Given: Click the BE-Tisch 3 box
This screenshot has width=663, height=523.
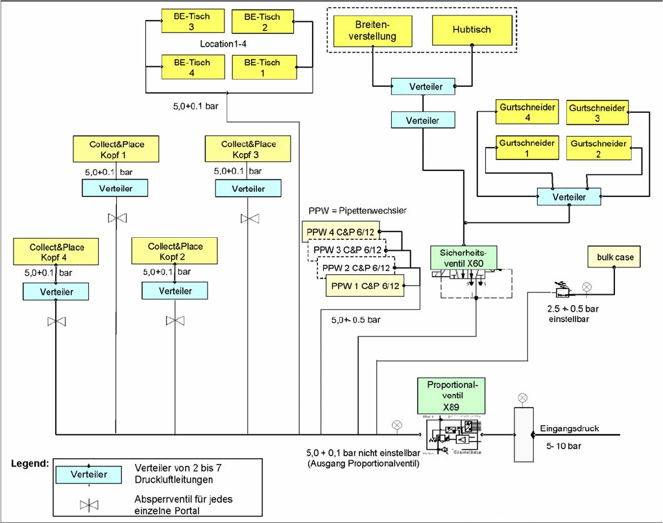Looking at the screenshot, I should click(185, 21).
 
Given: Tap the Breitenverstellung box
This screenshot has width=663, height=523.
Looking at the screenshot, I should click(373, 30).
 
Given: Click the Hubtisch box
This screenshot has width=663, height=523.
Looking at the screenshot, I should click(472, 30).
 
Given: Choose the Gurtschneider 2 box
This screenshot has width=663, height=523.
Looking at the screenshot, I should click(597, 148).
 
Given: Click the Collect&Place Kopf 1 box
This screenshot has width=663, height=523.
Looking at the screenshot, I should click(116, 148).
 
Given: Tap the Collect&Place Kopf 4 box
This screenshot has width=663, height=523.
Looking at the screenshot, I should click(56, 251).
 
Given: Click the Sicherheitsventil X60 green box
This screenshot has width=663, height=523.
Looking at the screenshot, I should click(463, 257).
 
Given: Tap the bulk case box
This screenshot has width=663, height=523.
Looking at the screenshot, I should click(616, 257).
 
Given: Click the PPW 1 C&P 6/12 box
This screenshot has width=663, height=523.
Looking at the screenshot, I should click(365, 286).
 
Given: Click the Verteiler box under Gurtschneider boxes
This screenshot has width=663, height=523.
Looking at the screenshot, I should click(569, 197).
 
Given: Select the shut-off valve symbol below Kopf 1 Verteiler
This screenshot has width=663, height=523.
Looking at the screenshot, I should click(117, 218).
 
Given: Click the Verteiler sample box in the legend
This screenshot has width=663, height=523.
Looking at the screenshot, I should click(88, 474).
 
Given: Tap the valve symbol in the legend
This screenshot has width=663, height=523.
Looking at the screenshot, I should click(88, 506).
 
